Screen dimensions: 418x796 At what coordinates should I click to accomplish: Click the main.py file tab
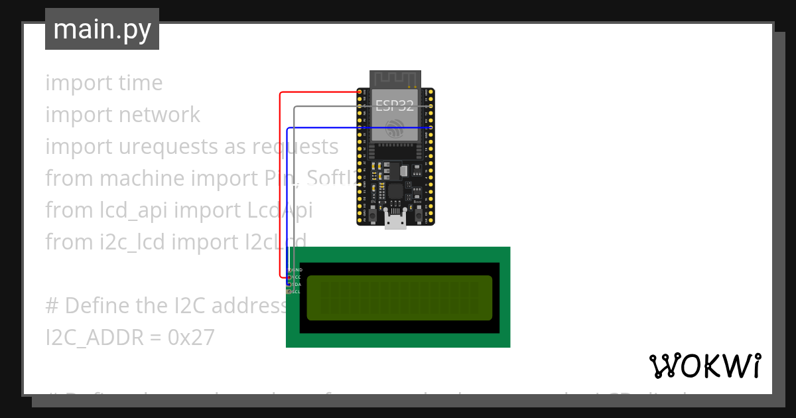click(x=101, y=29)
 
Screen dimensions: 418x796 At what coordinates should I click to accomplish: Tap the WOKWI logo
click(x=704, y=366)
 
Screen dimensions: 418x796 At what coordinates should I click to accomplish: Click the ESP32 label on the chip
click(x=395, y=105)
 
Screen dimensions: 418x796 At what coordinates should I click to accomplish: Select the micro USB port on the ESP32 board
click(x=396, y=222)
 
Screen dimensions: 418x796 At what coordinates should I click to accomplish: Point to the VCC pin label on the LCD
click(x=297, y=277)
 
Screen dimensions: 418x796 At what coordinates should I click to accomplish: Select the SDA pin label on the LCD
click(x=297, y=284)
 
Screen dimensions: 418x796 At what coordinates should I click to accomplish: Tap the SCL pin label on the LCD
click(x=297, y=291)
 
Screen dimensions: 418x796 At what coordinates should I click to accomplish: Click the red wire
click(x=280, y=186)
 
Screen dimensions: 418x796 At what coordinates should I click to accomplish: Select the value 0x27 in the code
click(x=191, y=338)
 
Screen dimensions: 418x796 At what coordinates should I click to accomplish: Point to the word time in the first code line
click(x=141, y=83)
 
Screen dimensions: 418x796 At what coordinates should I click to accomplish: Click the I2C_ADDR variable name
click(x=94, y=338)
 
